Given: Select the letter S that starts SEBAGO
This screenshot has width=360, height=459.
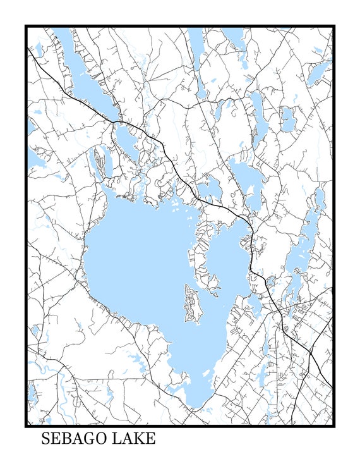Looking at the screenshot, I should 46,439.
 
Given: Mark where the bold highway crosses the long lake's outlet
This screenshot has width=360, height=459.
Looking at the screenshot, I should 117,121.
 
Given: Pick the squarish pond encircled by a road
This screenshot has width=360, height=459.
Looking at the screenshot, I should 287,118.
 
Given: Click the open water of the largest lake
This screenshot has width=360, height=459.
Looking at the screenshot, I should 139,266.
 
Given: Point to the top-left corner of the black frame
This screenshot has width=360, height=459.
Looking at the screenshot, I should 26,26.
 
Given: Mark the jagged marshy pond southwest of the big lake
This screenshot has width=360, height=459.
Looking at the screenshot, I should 136,360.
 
